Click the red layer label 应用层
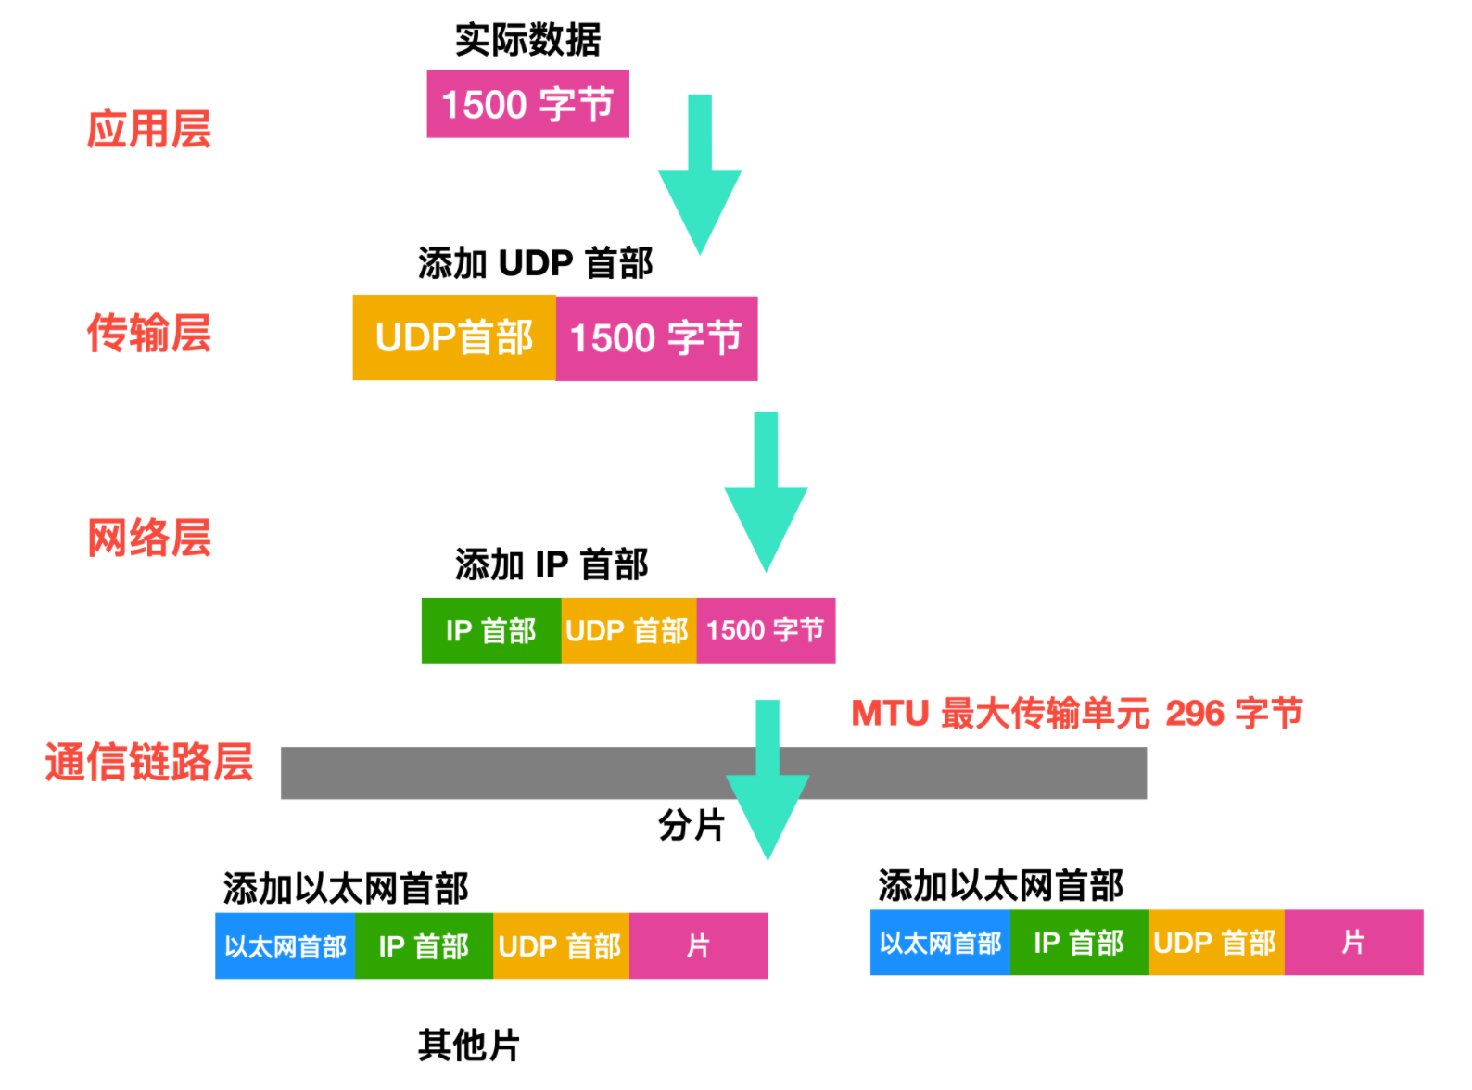click(148, 129)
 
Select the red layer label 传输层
click(148, 334)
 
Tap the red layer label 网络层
click(148, 538)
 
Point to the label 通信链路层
click(148, 762)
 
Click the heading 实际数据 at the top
click(527, 40)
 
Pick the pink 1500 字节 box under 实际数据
click(527, 104)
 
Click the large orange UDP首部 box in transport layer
click(454, 338)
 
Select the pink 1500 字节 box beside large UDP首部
click(656, 338)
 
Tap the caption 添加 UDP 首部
click(535, 263)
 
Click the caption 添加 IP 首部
click(551, 564)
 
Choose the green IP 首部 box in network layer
click(490, 631)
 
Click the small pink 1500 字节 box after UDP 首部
click(766, 631)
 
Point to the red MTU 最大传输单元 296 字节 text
click(1076, 714)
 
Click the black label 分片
click(692, 824)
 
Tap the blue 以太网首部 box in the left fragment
click(285, 946)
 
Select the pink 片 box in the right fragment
click(1353, 943)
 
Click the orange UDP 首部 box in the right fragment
click(1215, 943)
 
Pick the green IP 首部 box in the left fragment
click(424, 946)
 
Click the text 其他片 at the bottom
click(468, 1046)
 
